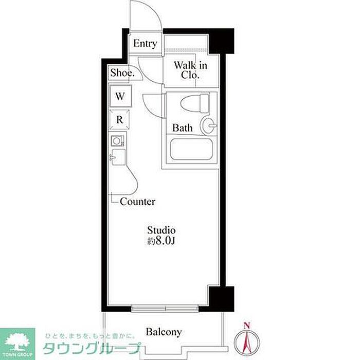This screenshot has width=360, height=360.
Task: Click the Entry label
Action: point(145,43)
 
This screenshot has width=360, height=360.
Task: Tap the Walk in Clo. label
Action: point(190,70)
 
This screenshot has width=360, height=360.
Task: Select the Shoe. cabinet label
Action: point(122,73)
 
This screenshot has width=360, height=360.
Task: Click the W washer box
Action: point(120,96)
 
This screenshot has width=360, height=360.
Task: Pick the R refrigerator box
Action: point(119,120)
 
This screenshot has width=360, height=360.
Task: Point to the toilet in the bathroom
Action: point(195,103)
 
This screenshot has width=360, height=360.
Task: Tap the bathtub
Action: point(191,149)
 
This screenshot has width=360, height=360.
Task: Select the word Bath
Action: point(182,128)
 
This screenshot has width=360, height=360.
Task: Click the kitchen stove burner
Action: point(117,141)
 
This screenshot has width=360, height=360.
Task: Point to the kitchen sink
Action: point(118,157)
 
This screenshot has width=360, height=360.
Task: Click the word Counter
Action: point(137,202)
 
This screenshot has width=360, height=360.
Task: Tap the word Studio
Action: point(161,230)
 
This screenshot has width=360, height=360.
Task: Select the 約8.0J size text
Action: point(161,241)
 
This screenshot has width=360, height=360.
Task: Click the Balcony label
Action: point(164,332)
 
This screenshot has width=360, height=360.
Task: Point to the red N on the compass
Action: point(247,326)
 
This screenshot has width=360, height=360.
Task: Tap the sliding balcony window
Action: point(165,309)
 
